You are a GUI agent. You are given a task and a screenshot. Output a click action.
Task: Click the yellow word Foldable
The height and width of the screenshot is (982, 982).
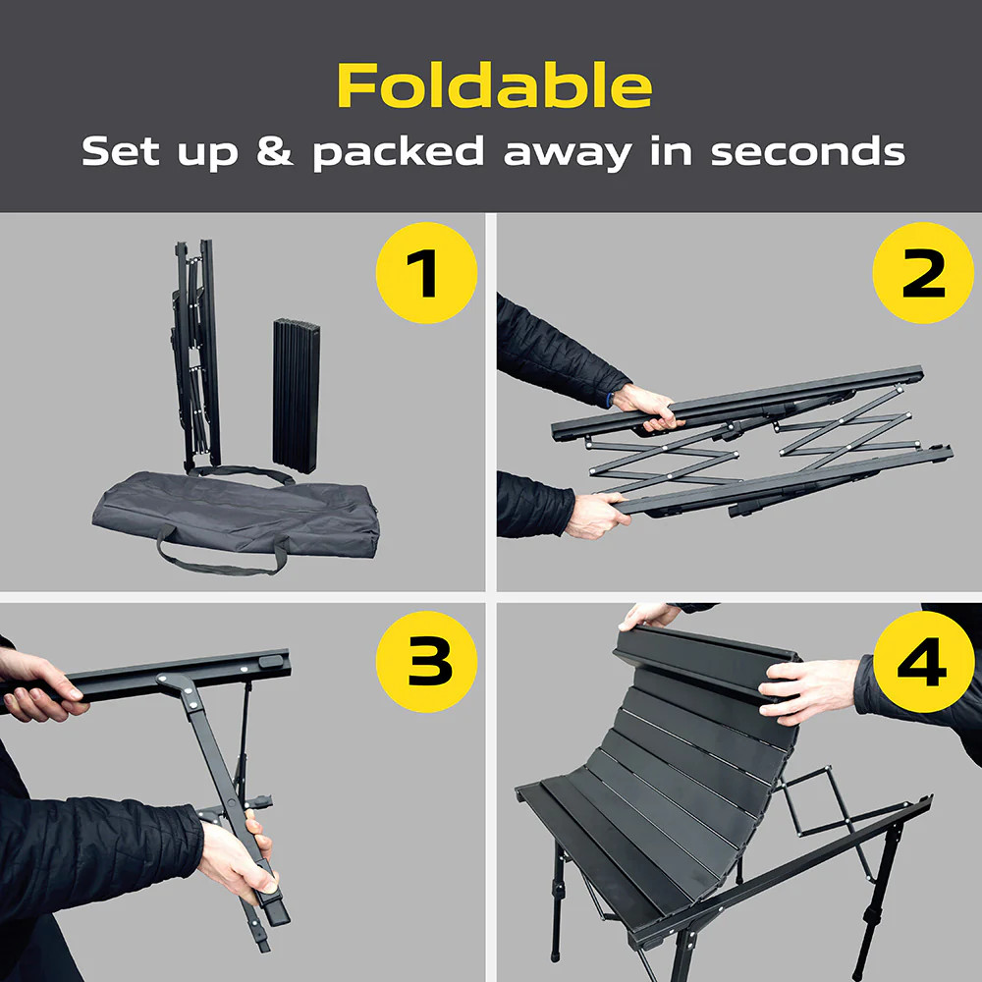point(495,85)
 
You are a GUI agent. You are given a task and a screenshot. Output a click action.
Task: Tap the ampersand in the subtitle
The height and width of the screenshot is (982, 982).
point(274,151)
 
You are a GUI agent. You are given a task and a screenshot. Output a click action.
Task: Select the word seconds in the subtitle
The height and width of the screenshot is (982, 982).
point(808,151)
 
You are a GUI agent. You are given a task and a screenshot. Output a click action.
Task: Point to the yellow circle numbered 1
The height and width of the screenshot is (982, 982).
point(426,273)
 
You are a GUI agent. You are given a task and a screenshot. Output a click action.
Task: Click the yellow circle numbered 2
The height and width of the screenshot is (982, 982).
point(923,273)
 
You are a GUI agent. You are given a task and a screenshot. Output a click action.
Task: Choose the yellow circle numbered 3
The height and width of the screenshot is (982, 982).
point(426,661)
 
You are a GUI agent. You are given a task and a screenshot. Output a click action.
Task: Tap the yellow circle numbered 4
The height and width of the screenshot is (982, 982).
point(923,661)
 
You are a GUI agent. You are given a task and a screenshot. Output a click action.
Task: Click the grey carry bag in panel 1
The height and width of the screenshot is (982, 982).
point(237,517)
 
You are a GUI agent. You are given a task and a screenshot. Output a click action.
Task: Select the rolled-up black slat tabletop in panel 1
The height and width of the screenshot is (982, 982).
point(296,396)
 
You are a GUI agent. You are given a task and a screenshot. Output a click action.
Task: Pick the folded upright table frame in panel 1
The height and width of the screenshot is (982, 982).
point(196,355)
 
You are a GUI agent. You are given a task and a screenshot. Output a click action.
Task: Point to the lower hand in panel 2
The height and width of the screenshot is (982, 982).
point(596,515)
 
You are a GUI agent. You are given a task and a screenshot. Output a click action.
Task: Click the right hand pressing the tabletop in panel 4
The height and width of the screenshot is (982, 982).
point(808,689)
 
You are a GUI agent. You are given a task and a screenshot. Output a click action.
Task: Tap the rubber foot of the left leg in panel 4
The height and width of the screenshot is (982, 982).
point(556,957)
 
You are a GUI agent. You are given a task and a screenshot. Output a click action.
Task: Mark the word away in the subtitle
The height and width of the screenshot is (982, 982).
point(568,153)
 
